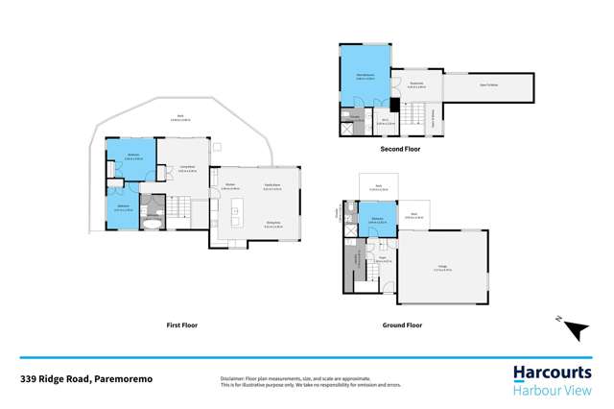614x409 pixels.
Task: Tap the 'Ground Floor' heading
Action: tap(402, 325)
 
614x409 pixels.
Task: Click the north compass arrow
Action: tap(576, 330)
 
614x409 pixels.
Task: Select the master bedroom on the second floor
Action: tap(365, 78)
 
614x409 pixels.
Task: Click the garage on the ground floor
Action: tap(445, 270)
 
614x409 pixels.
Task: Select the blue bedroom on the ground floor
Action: tap(376, 219)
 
